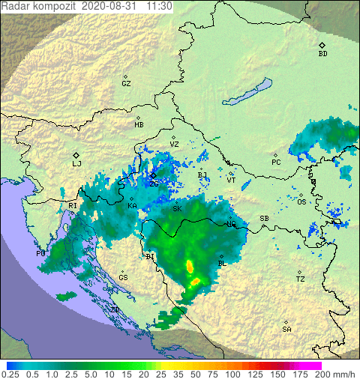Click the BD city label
pos(322,54)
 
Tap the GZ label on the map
pos(126,84)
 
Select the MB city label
pos(139,125)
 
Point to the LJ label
pos(76,163)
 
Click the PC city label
pos(276,163)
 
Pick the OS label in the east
pos(301,202)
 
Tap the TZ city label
pos(300,279)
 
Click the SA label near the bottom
pos(286,330)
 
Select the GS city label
pos(123,278)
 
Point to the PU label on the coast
pos(41,255)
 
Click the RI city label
pos(73,205)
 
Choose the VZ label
pos(174,144)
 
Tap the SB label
pos(264,219)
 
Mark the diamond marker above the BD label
pos(322,45)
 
